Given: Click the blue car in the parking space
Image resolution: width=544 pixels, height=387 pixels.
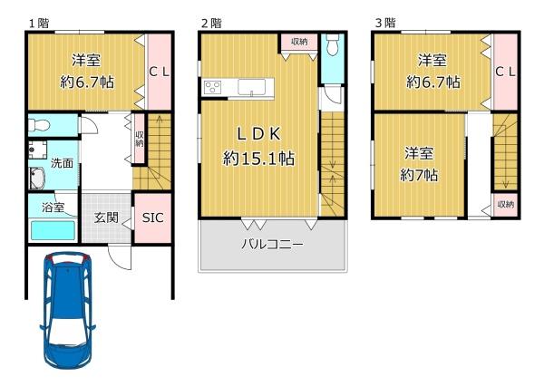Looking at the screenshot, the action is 68,310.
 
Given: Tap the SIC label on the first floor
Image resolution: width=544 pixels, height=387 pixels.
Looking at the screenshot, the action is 152,218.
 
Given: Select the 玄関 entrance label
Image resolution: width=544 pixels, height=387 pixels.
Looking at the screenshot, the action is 106,218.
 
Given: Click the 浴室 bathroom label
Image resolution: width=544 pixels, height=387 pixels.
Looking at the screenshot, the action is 53,208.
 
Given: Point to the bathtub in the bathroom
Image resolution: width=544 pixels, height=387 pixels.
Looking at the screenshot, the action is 53,230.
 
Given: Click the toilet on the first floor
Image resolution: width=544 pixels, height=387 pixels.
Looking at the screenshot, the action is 39,125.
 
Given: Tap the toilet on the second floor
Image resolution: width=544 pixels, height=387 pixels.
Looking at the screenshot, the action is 333,44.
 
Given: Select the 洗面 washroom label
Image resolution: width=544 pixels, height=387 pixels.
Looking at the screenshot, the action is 62,163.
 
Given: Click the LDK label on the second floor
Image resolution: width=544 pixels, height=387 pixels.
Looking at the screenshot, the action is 258,134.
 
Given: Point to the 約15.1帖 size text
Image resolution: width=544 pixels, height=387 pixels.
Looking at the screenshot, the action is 258,159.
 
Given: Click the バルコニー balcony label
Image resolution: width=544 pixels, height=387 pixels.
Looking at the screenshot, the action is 272,245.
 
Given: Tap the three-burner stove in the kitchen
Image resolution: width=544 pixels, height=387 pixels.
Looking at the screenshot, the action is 212,87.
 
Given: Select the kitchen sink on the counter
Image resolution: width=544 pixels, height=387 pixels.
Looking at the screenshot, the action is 251,86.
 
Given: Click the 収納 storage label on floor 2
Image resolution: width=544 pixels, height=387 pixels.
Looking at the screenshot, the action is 299,42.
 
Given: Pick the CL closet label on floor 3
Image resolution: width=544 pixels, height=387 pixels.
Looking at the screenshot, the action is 505,72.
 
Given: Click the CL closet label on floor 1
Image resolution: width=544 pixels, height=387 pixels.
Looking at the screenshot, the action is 159,72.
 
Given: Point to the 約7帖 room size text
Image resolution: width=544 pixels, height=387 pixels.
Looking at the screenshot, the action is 419,175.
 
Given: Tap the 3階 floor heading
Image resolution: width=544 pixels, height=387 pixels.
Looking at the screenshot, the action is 385,23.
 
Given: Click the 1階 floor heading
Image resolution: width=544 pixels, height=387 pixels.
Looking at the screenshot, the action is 39,24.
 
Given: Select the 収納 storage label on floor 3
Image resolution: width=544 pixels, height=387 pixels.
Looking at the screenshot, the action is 506,204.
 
